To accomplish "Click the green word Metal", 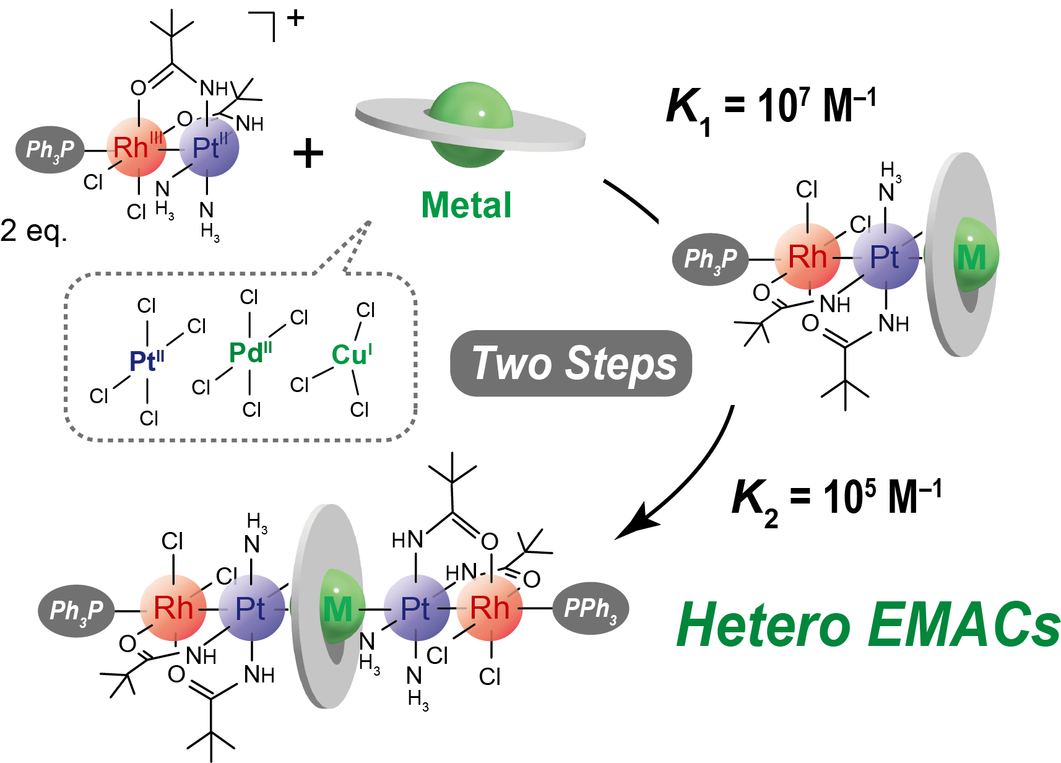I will (467, 205).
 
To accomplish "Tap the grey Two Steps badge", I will (571, 364).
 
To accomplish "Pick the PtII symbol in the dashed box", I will (147, 360).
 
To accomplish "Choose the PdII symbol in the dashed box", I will (250, 353).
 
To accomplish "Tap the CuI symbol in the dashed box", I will (352, 355).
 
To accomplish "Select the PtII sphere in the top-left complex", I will (209, 147).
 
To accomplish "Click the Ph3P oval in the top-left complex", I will (50, 149).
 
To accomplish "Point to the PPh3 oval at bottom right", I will (591, 608).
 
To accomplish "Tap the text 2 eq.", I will (32, 231).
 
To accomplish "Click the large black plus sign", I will (308, 154).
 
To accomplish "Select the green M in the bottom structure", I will (338, 609).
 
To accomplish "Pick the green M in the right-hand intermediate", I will (971, 257).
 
